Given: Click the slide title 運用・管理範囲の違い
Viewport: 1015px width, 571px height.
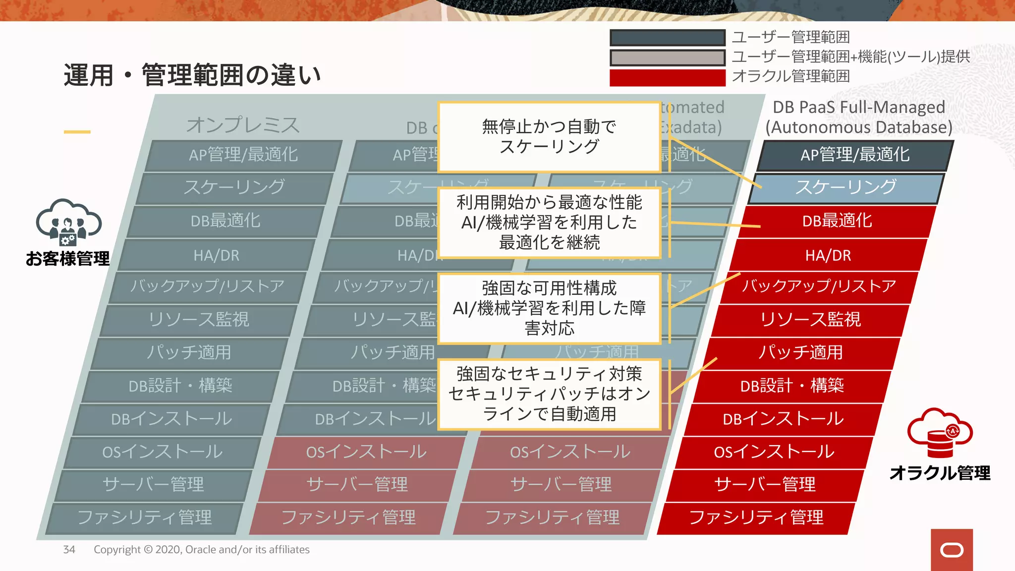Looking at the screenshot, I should pos(192,75).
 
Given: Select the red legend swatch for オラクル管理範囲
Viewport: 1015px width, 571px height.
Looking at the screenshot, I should pos(667,78).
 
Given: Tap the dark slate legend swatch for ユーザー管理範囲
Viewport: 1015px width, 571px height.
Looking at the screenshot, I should pos(667,38).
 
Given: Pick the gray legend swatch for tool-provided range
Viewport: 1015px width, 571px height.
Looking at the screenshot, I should pos(667,57).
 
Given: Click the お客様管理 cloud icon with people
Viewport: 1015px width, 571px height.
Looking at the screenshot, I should pos(68,223).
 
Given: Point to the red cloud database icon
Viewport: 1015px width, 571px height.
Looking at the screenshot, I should pos(940,432).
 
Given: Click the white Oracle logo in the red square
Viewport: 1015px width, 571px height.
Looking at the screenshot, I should pos(952,550).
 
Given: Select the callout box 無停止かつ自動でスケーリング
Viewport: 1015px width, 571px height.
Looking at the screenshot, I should pos(549,137).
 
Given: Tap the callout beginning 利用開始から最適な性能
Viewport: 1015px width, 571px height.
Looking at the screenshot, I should pos(549,223).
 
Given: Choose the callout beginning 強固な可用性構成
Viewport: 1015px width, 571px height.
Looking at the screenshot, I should pos(549,308).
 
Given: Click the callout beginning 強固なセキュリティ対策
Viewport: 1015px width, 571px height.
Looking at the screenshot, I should pos(549,394).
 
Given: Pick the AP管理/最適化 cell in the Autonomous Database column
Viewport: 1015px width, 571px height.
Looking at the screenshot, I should pos(855,155).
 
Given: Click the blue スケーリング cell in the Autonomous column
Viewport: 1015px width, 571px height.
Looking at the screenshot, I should pos(846,187).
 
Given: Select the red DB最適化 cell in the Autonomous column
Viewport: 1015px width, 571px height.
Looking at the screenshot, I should pos(837,221).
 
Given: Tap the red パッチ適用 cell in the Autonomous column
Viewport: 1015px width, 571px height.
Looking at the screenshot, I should pos(800,352).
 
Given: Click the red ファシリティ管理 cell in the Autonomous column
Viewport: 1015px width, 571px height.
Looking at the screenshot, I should pos(756,517).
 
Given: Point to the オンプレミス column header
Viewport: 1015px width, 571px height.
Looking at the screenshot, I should pos(243,125).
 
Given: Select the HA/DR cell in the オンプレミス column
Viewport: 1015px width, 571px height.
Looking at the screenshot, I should pos(216,255).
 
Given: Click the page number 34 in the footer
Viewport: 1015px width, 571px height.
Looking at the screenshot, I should pos(69,550).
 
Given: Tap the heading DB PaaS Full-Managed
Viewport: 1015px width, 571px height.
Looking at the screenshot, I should pos(859,107).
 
